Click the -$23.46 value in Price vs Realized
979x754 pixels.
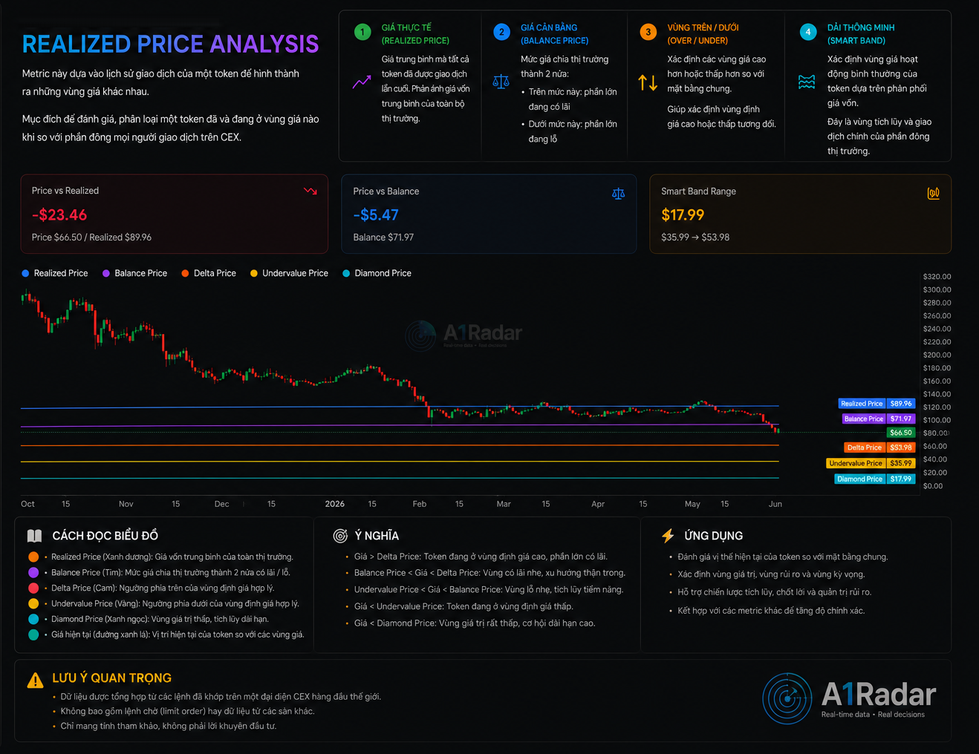click(x=59, y=214)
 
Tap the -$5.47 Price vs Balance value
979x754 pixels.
click(x=376, y=214)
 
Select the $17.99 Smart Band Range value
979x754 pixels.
click(x=683, y=214)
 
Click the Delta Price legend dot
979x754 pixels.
click(x=185, y=273)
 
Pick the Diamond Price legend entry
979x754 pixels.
click(x=377, y=273)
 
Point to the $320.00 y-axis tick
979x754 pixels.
click(x=937, y=276)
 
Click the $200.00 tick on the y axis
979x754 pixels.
click(x=937, y=355)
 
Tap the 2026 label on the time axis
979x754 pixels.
click(x=335, y=504)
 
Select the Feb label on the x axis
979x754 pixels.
click(x=420, y=504)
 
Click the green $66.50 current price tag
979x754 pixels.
click(x=900, y=433)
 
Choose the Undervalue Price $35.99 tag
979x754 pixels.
click(x=871, y=463)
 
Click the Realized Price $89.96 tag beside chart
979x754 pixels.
click(x=876, y=403)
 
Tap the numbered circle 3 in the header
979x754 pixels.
click(x=648, y=32)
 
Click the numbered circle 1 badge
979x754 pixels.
click(x=362, y=32)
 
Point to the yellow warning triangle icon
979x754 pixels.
click(x=35, y=681)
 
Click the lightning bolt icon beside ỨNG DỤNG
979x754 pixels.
click(x=668, y=536)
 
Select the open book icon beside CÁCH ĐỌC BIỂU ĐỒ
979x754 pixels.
click(x=34, y=536)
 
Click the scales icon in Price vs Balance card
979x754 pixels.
click(x=618, y=194)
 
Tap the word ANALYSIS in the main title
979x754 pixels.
click(x=264, y=44)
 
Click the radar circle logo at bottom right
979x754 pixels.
click(x=787, y=698)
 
